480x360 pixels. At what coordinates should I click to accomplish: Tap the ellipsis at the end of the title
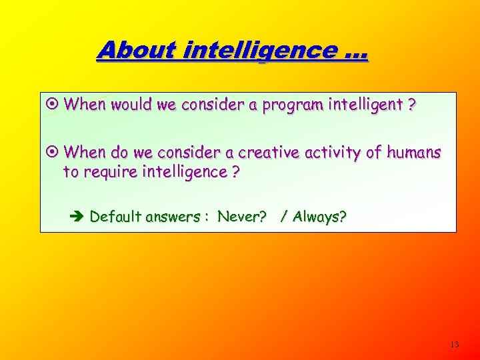tap(354, 53)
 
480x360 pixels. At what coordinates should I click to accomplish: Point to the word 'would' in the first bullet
tap(129, 105)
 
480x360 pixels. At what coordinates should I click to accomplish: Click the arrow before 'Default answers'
tap(75, 217)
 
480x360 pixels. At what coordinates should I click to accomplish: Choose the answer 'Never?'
tap(242, 217)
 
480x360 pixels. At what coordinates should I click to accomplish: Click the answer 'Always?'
tap(319, 217)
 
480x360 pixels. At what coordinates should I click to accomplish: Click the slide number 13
tap(455, 345)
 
